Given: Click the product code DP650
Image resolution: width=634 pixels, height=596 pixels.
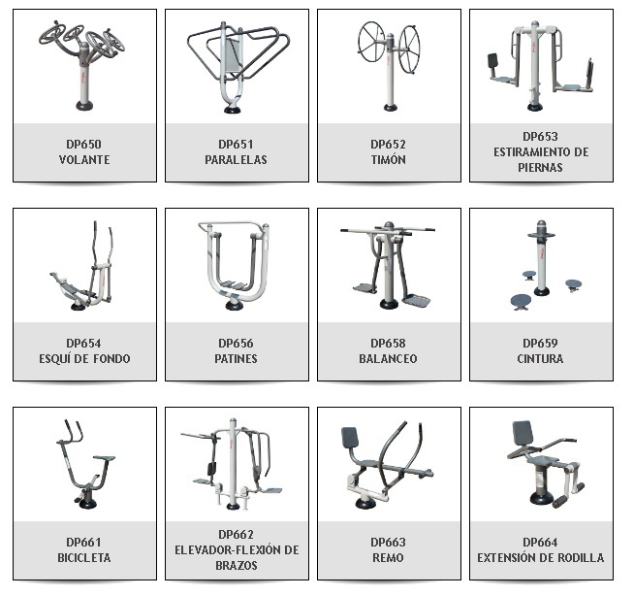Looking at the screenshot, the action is point(83,144).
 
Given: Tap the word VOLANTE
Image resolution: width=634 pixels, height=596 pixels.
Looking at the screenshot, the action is point(84,159).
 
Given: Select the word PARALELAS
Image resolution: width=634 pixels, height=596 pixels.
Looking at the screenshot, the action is point(237,159).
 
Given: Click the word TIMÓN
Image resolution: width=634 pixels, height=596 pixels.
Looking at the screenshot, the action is point(388,159).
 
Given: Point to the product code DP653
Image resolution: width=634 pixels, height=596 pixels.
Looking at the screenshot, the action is point(540,137).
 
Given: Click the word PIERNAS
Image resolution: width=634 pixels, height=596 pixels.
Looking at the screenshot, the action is point(540,167).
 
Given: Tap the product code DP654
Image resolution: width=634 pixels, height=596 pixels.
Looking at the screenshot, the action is point(83,343).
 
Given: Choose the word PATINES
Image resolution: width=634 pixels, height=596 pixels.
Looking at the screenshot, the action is point(237,358).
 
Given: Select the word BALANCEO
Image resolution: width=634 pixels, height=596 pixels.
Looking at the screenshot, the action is point(388,358).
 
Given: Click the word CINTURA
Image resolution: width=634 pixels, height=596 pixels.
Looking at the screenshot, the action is point(540,358).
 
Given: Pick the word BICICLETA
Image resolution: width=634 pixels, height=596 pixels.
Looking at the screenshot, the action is point(84,557).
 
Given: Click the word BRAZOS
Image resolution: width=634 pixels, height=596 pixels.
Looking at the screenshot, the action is point(237,565).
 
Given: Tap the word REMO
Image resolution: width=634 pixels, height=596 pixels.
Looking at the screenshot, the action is point(388,557).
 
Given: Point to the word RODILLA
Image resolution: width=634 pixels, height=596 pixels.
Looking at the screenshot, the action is point(581,557).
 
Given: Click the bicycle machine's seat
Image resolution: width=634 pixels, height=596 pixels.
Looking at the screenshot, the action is point(105,458).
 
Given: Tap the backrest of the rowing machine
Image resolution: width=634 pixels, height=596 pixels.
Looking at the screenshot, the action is point(350,437).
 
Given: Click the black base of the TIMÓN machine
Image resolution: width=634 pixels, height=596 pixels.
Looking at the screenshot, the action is point(390,108).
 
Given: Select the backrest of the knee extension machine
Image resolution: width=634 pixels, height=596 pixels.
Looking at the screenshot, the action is point(523,433).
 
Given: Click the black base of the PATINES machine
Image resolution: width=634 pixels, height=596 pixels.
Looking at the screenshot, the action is point(234,305).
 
